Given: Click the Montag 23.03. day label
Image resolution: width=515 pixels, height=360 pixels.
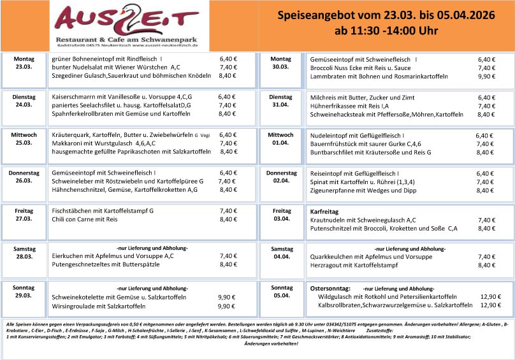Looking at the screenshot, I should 24,62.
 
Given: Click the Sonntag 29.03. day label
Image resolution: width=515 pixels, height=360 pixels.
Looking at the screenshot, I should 24,292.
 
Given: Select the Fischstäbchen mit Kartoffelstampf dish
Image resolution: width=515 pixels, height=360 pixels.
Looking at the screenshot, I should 103,211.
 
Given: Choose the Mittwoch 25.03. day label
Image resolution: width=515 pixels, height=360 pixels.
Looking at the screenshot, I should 24,139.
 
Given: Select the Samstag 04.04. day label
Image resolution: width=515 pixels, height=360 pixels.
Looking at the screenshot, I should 281,252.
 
